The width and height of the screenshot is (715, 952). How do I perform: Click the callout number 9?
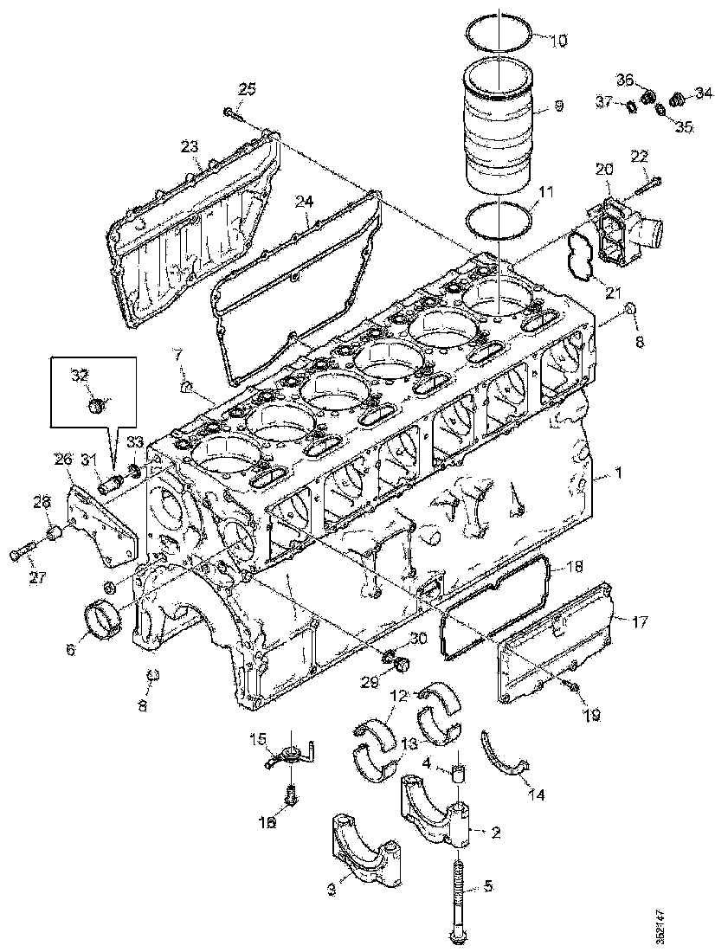pos(558,106)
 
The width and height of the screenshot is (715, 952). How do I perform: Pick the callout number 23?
pos(190,147)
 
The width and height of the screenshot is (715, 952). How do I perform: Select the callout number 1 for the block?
pos(618,473)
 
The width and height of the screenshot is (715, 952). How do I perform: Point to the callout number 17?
pos(640,621)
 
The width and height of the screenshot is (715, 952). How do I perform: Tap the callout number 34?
pos(704,92)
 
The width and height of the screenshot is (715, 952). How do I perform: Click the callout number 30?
pos(418,639)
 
